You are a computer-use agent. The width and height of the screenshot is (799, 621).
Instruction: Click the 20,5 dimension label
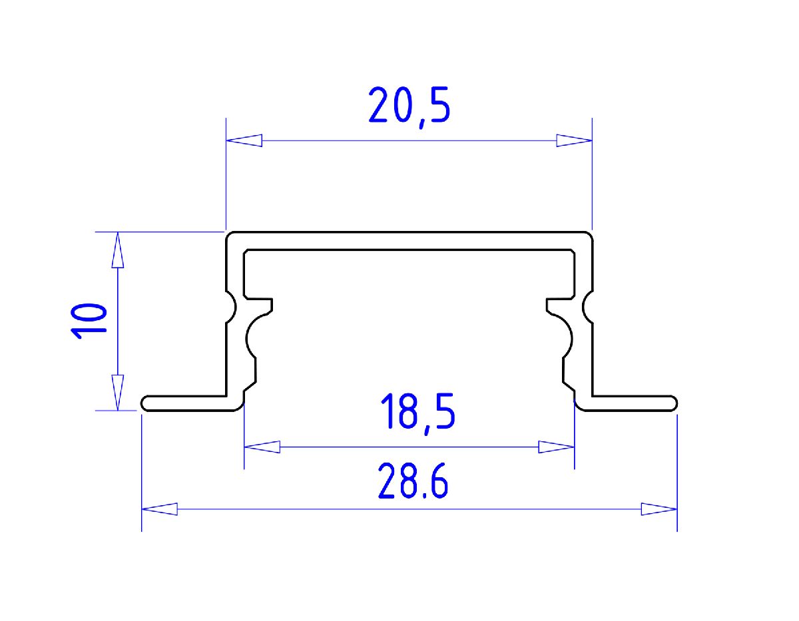(409, 106)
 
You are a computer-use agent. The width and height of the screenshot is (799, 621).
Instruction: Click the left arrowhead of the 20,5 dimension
(244, 141)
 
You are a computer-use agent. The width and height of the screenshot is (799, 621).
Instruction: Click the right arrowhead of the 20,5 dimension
(574, 141)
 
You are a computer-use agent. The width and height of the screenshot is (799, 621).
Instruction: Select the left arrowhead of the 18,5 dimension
(262, 447)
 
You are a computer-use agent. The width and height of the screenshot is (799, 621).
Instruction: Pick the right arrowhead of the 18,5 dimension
(557, 447)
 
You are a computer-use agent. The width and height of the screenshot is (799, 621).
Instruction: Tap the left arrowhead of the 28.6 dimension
(160, 509)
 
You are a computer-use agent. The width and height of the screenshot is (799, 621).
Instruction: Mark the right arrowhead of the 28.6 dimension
(659, 509)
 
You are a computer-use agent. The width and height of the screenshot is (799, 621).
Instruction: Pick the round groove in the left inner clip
(255, 338)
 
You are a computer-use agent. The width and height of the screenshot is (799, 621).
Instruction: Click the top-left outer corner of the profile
(228, 235)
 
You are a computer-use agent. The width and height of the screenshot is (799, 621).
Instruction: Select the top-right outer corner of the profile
(590, 235)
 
